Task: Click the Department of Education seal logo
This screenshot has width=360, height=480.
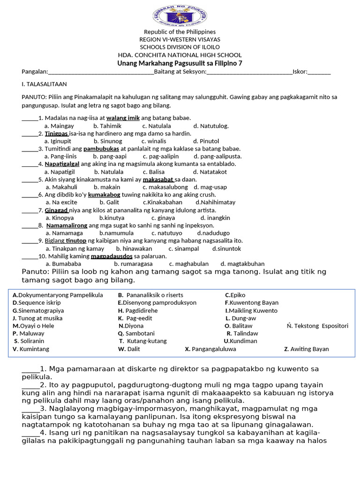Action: pyautogui.click(x=180, y=14)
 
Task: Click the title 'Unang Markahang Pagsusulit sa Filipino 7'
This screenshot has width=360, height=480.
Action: pyautogui.click(x=180, y=63)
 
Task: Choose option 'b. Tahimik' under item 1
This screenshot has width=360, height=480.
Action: pyautogui.click(x=107, y=126)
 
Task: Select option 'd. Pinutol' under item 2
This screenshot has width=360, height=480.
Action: pyautogui.click(x=206, y=141)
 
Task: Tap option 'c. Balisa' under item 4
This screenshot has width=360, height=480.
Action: pyautogui.click(x=154, y=172)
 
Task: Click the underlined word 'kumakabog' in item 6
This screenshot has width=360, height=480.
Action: pyautogui.click(x=104, y=195)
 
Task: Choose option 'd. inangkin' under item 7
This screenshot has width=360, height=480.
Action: pyautogui.click(x=215, y=217)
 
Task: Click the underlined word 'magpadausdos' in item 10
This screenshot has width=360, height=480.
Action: pyautogui.click(x=112, y=256)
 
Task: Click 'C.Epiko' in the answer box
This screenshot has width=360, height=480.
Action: pyautogui.click(x=235, y=295)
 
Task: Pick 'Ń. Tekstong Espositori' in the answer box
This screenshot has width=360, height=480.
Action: pyautogui.click(x=317, y=326)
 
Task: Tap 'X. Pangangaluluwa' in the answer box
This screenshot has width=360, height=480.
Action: pyautogui.click(x=210, y=349)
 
